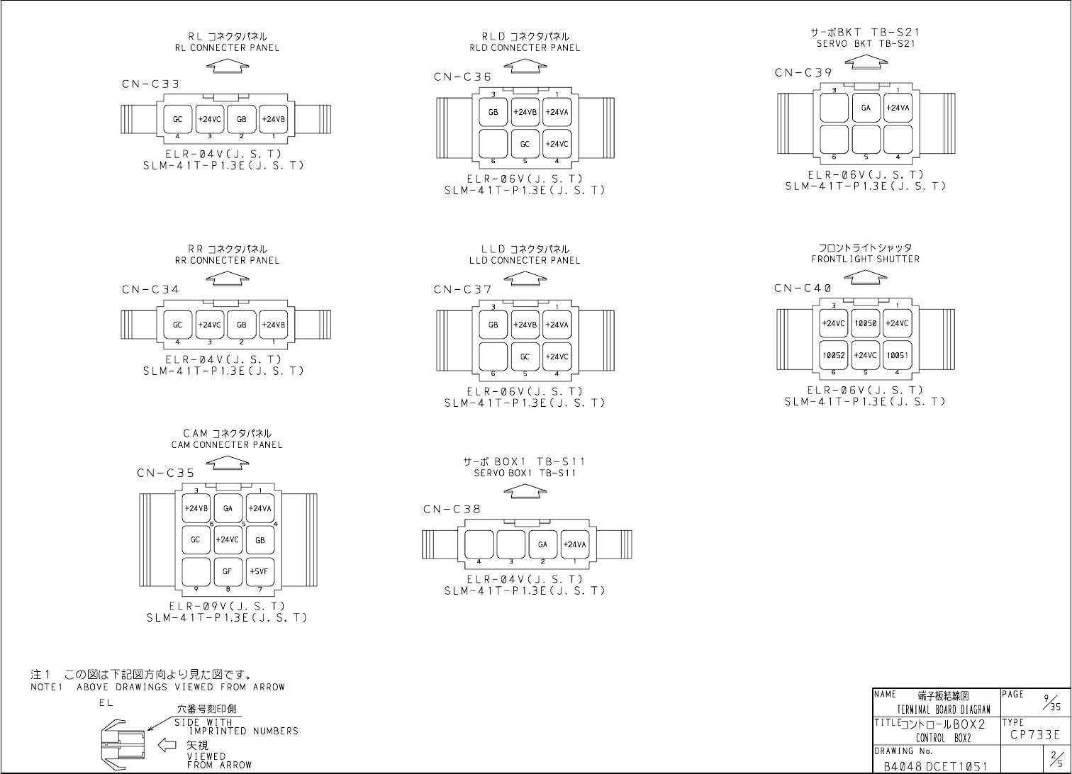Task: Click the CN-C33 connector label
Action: pyautogui.click(x=150, y=84)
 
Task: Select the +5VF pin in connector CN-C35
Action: pyautogui.click(x=259, y=571)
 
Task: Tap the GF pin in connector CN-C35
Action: pyautogui.click(x=228, y=571)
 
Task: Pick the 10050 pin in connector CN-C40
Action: pyautogui.click(x=865, y=323)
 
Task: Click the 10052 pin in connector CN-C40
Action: pyautogui.click(x=833, y=355)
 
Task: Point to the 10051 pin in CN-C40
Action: pyautogui.click(x=897, y=355)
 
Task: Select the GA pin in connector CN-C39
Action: pyautogui.click(x=866, y=108)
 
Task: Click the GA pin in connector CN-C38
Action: pyautogui.click(x=542, y=544)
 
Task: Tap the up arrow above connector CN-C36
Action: pyautogui.click(x=525, y=67)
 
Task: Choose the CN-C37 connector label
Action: pyautogui.click(x=463, y=289)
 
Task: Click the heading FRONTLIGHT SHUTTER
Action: pyautogui.click(x=865, y=259)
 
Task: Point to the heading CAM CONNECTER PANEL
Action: pyautogui.click(x=227, y=445)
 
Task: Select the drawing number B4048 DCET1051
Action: pyautogui.click(x=936, y=765)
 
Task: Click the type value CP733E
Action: pyautogui.click(x=1035, y=735)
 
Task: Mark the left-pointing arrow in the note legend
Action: pyautogui.click(x=167, y=745)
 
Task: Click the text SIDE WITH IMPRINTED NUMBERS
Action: pyautogui.click(x=236, y=727)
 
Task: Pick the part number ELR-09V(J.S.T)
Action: pyautogui.click(x=227, y=606)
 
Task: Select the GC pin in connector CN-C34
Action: pyautogui.click(x=177, y=325)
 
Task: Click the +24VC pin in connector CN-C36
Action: pyautogui.click(x=557, y=144)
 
